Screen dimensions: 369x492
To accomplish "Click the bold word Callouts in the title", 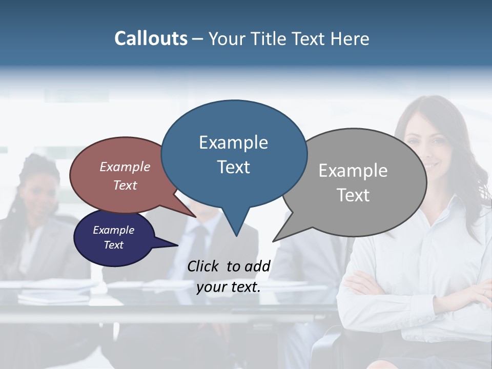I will (151, 38).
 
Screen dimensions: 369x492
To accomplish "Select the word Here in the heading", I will (350, 39).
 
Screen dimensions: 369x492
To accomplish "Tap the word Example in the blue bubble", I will (233, 142).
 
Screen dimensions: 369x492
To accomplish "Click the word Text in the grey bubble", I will (353, 195).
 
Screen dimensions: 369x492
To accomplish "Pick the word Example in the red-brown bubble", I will (125, 167).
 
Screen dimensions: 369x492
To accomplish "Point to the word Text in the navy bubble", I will (113, 245).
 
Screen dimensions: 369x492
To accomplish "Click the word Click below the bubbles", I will (204, 266).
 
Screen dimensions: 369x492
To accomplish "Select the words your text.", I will (228, 287).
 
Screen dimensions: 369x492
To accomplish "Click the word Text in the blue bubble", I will (233, 167).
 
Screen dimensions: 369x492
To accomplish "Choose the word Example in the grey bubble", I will (353, 171).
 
